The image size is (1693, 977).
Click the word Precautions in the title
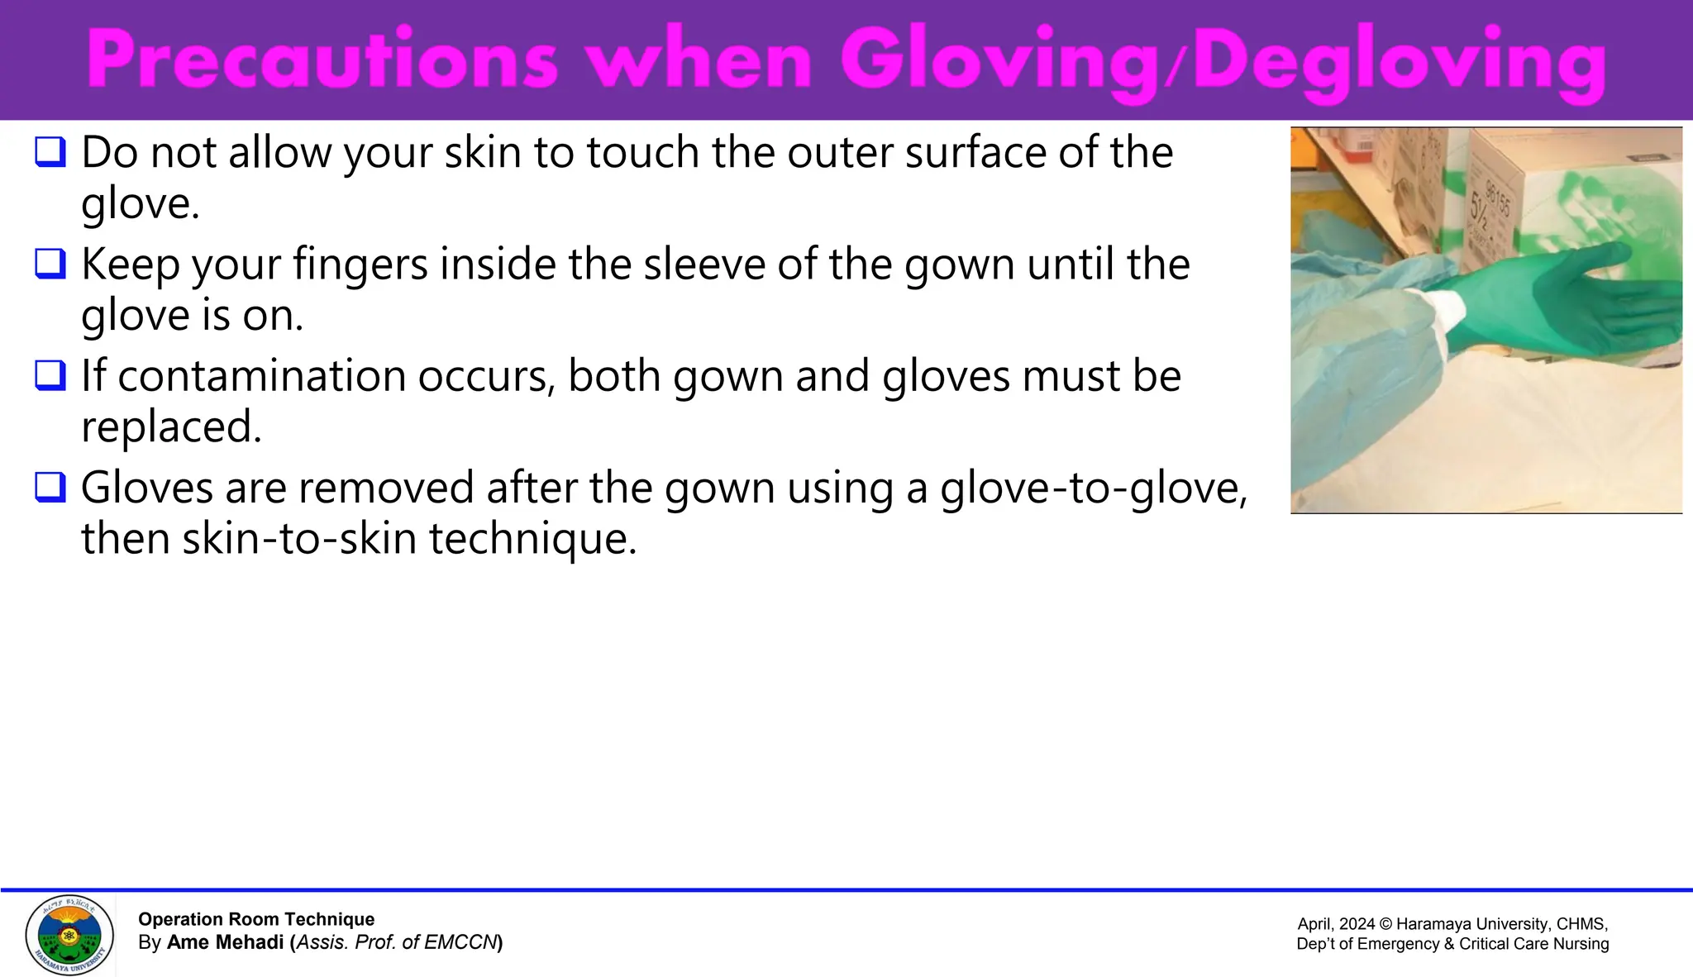click(x=322, y=60)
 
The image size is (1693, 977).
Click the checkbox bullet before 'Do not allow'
click(x=50, y=152)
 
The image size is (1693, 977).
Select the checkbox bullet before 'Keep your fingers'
click(x=50, y=264)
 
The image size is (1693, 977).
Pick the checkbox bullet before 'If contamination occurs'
click(x=50, y=375)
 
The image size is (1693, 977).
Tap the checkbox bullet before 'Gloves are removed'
click(x=50, y=487)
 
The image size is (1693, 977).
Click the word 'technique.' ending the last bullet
click(x=532, y=539)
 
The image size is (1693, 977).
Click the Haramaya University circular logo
click(x=69, y=935)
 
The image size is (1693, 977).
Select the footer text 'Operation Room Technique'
click(x=256, y=919)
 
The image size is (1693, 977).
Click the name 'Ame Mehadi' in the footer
click(x=225, y=942)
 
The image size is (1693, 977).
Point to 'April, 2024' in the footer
click(x=1334, y=924)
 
